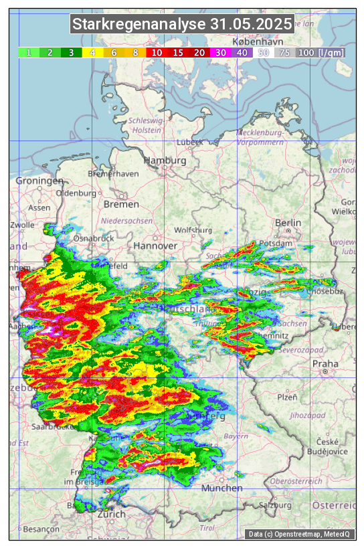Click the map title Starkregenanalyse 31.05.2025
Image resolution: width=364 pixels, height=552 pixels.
182,25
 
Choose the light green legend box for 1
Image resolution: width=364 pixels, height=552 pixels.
29,52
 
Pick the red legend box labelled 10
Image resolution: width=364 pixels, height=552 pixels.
156,52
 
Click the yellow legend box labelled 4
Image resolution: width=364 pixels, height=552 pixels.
92,52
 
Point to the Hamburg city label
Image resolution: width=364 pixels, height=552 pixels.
165,161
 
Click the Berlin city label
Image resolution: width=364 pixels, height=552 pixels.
288,223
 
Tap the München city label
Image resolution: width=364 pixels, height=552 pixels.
222,488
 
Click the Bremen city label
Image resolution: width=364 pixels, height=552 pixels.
121,204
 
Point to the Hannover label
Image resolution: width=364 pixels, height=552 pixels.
155,246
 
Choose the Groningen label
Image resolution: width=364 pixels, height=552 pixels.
39,181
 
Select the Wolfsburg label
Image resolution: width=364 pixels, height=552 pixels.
193,230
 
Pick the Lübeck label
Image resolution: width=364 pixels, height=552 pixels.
189,142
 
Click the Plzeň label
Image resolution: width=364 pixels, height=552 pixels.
287,397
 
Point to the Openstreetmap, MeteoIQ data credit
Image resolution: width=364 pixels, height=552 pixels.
300,534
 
